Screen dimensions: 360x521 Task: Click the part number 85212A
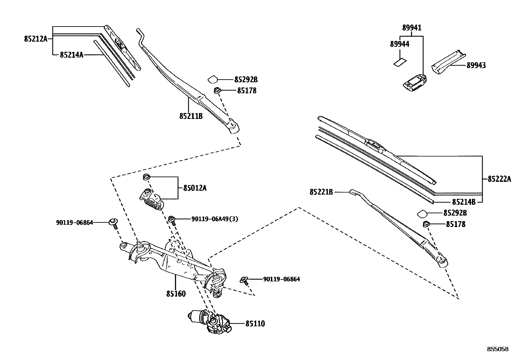(35, 39)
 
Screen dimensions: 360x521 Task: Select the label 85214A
(71, 55)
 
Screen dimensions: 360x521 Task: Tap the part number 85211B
(191, 116)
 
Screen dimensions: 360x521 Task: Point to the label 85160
(176, 294)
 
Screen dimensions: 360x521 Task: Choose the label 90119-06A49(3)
(215, 219)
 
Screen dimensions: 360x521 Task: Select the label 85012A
(195, 188)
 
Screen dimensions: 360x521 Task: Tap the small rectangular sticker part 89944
(400, 62)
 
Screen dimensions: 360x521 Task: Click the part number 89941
(412, 28)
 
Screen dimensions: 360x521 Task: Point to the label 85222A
(499, 179)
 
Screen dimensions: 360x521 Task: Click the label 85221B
(321, 192)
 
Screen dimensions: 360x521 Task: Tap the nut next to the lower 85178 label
(426, 224)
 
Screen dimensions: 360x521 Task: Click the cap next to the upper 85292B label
(213, 79)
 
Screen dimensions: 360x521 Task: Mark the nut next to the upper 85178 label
(217, 90)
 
